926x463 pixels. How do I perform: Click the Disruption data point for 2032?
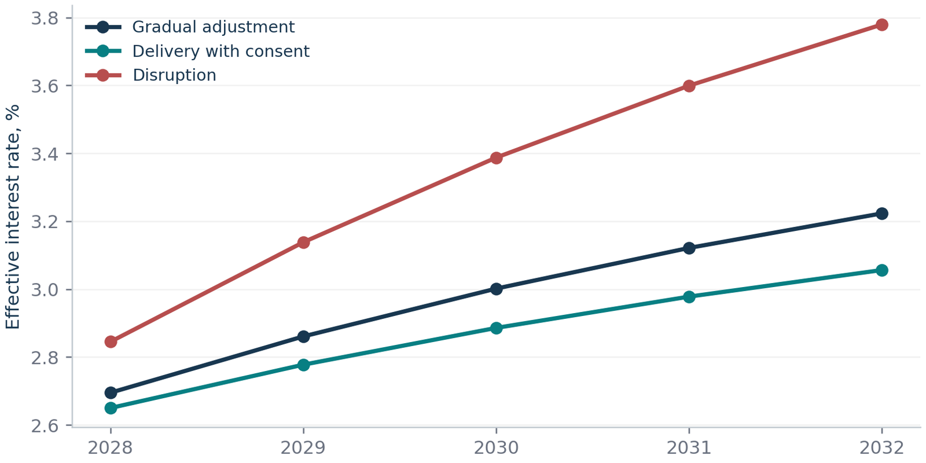[x=882, y=25]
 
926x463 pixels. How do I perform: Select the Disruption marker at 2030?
[x=497, y=158]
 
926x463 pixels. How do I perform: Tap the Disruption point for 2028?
[x=111, y=342]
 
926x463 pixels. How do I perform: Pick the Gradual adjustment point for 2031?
[x=689, y=248]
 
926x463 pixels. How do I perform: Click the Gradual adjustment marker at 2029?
[x=303, y=336]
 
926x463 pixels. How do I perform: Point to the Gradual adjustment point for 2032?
[x=882, y=214]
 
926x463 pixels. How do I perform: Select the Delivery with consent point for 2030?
[x=497, y=328]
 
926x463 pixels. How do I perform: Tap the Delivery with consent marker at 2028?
[x=111, y=409]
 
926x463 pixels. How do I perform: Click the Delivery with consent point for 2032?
[x=882, y=271]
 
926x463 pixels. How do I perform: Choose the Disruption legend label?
[x=174, y=75]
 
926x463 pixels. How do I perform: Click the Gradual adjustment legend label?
[x=214, y=27]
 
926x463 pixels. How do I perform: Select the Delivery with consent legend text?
[x=221, y=52]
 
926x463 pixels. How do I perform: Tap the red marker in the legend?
[x=103, y=75]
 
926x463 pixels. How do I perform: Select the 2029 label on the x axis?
[x=303, y=448]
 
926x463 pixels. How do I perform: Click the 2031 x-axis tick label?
[x=689, y=448]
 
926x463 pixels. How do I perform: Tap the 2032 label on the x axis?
[x=882, y=448]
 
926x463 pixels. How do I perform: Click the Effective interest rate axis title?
[x=12, y=217]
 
